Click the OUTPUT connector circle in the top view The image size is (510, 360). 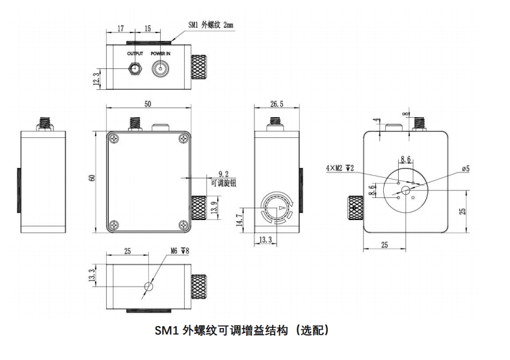pos(135,68)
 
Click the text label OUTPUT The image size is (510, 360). pos(135,53)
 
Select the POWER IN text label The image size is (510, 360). pos(161,53)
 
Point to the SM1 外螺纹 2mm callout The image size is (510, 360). pos(210,25)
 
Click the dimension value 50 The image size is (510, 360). pos(148,105)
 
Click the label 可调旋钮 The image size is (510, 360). pos(224,183)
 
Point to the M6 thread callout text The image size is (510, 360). pos(179,250)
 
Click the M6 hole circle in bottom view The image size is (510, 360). pos(149,286)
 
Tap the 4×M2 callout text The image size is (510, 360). pos(340,168)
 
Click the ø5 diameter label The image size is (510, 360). pos(466,169)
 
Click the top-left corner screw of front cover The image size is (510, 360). pos(115,139)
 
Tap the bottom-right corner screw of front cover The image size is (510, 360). pos(180,225)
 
